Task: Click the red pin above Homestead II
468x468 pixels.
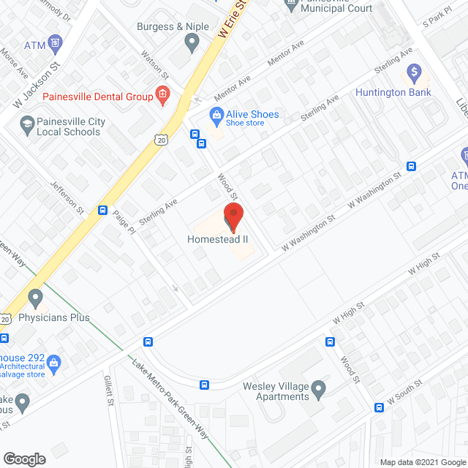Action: point(233,215)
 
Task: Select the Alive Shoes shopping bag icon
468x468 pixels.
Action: point(216,115)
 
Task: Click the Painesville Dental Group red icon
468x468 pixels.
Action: point(162,95)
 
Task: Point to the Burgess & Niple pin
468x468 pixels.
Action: point(192,44)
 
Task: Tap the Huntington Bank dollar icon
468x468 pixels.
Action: point(414,73)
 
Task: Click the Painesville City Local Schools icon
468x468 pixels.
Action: point(27,127)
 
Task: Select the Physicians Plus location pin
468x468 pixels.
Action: point(35,298)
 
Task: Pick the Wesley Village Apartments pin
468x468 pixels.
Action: point(318,390)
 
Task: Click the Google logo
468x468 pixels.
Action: point(24,458)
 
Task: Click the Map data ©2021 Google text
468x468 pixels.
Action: point(423,461)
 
